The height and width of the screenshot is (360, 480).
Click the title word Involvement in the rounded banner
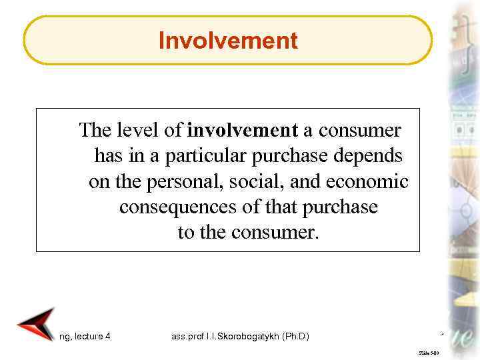pos(228,41)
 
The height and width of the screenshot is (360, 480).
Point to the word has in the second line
pos(107,156)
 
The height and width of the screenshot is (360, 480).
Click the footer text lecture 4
pos(93,337)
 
